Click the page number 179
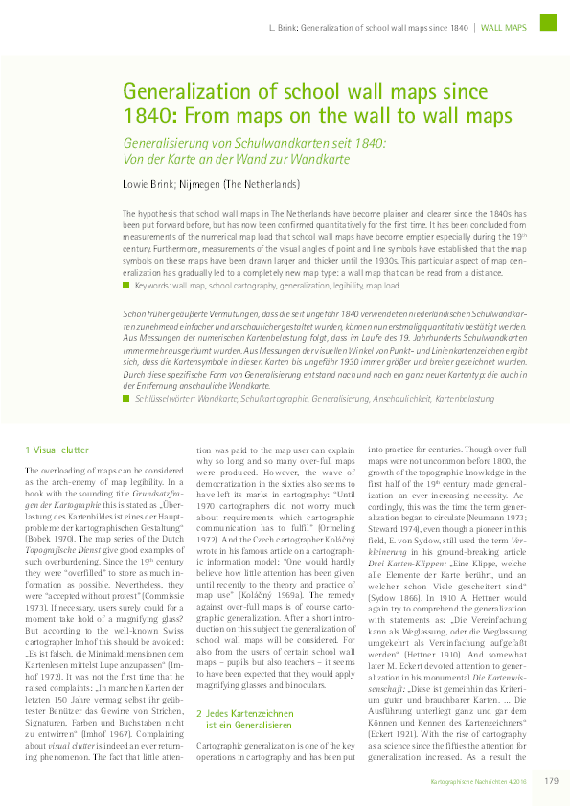(551, 781)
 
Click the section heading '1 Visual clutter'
(57, 450)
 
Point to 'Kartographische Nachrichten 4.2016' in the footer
(479, 782)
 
